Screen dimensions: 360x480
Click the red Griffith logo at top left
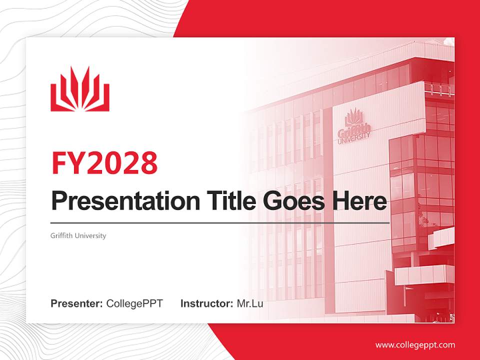point(80,89)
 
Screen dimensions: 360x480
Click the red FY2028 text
point(104,163)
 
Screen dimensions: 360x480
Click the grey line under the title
point(220,223)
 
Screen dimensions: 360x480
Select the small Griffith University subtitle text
point(78,235)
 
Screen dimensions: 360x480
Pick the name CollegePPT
point(134,303)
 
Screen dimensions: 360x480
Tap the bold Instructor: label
point(206,303)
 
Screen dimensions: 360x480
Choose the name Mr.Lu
point(250,303)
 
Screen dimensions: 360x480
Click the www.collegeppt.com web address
point(415,344)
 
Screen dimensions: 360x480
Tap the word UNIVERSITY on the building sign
point(354,139)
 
